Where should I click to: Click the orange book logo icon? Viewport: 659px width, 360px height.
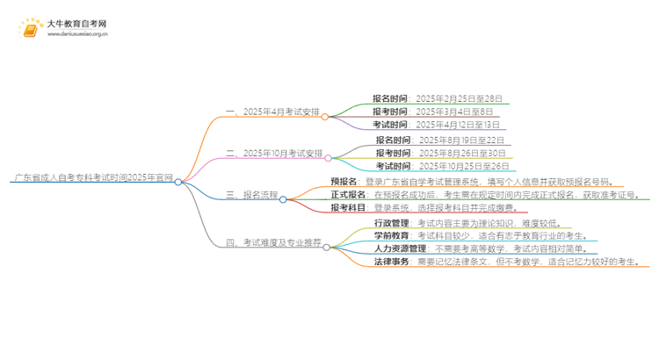coord(31,29)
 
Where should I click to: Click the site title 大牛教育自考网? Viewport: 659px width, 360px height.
coord(76,24)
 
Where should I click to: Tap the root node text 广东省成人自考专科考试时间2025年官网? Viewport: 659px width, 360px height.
coord(92,176)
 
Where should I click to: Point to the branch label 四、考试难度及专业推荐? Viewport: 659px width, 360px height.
coord(274,242)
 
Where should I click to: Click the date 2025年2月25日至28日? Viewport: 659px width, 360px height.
coord(460,98)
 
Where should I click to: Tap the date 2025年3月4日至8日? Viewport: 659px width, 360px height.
coord(455,112)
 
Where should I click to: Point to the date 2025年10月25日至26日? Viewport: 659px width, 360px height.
coord(464,166)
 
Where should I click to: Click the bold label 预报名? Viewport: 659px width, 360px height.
coord(343,181)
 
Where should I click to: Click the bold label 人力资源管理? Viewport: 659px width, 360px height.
coord(382,249)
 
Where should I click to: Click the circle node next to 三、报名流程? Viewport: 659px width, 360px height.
coord(283,199)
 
